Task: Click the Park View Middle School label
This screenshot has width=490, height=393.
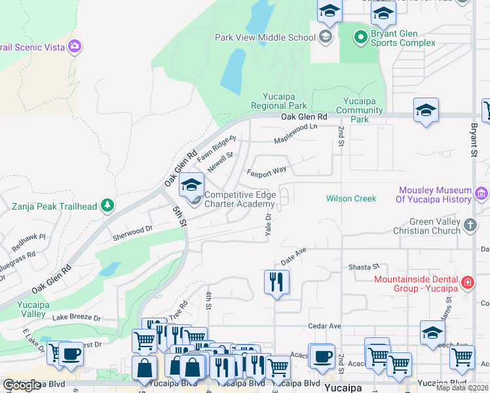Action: click(265, 37)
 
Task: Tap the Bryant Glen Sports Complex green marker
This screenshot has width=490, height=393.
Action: click(360, 37)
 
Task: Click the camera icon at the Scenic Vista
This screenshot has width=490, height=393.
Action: click(75, 46)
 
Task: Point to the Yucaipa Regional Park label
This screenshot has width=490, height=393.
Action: click(279, 101)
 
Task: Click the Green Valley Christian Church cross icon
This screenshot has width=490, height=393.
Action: click(469, 225)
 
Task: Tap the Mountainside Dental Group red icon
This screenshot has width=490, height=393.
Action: click(468, 283)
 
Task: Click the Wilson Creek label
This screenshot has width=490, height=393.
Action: click(351, 198)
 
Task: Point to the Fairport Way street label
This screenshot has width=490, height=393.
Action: click(267, 172)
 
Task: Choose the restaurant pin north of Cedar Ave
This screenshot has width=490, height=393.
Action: click(276, 282)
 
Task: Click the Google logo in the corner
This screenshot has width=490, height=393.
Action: click(22, 385)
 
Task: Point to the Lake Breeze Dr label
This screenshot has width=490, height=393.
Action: click(77, 318)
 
